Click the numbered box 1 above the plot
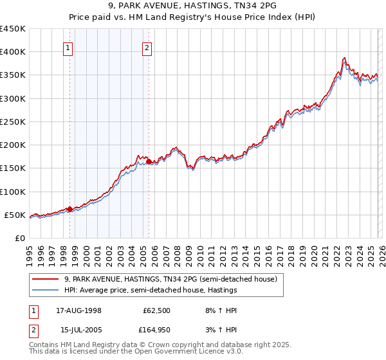(x=68, y=47)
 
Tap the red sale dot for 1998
(x=70, y=208)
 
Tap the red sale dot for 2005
(x=149, y=162)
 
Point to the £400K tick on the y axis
(x=13, y=52)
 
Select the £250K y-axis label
(x=13, y=122)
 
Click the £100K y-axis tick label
(x=13, y=192)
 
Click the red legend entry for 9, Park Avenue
(x=170, y=279)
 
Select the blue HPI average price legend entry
(x=151, y=291)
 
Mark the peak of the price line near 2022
(x=345, y=59)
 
